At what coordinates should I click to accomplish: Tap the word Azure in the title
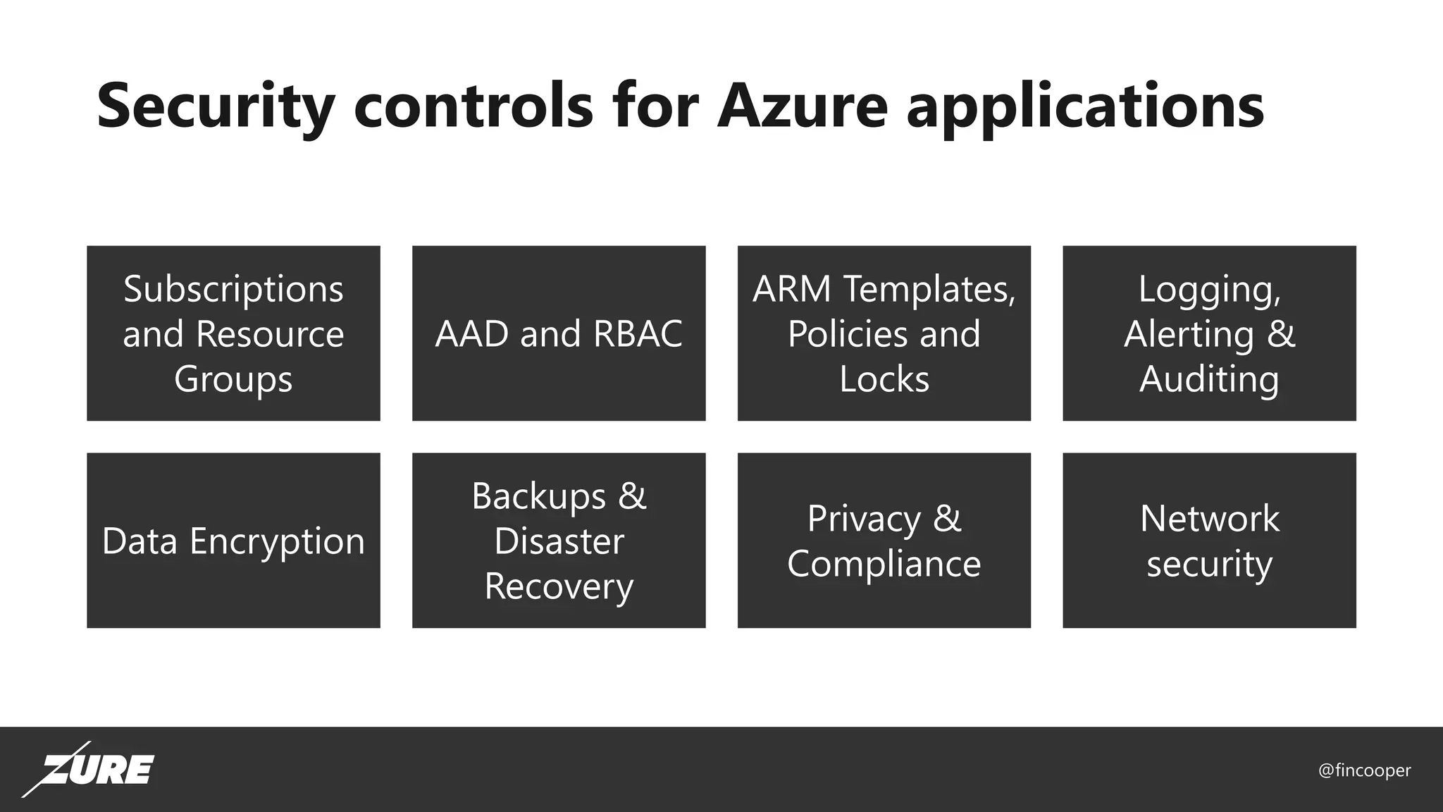[803, 107]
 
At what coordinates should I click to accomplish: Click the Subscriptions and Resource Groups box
[233, 333]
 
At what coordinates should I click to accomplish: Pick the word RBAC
[638, 334]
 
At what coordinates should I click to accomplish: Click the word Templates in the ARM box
[929, 290]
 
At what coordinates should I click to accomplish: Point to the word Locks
[884, 379]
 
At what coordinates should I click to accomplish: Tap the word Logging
[1209, 290]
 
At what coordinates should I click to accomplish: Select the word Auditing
[1209, 379]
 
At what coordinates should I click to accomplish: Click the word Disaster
[559, 541]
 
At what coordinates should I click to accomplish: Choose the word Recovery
[559, 586]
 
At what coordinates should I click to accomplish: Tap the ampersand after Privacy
[946, 519]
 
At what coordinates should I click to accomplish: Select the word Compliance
[884, 564]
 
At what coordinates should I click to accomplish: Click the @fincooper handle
[1364, 770]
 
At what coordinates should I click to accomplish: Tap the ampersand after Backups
[632, 496]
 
